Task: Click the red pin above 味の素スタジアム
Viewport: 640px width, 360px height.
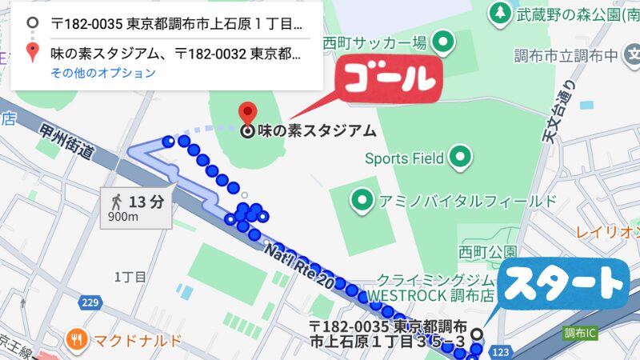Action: tap(249, 112)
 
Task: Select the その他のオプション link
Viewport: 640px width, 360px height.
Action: tap(103, 73)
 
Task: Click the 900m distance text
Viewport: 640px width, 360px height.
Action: tap(122, 216)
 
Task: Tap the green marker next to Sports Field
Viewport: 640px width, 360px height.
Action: tap(460, 157)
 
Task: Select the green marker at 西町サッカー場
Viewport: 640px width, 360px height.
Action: tap(442, 41)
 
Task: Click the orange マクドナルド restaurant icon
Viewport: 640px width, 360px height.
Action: tap(78, 339)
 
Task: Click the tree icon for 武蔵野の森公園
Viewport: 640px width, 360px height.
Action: tap(501, 12)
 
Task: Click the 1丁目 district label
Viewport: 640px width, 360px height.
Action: tap(130, 277)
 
